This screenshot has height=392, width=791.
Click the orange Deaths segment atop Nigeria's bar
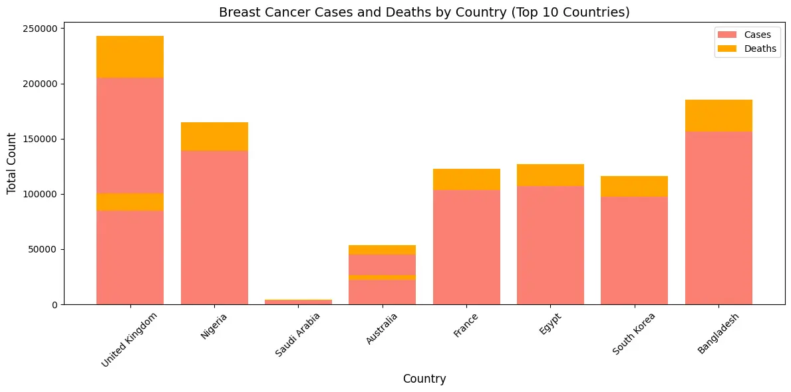(214, 136)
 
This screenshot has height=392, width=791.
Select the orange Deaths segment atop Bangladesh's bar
(718, 116)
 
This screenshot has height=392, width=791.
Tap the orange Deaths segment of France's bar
(466, 179)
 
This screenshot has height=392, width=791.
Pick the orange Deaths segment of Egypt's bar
(550, 175)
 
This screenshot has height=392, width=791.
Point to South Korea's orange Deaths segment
(634, 186)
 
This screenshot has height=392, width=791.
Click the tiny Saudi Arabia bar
(298, 302)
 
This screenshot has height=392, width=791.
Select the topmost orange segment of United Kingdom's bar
(130, 56)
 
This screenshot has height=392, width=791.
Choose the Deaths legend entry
(746, 49)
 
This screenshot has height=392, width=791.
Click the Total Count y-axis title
(12, 163)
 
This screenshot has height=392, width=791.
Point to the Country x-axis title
(424, 379)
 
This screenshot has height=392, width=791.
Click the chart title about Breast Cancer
(424, 12)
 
